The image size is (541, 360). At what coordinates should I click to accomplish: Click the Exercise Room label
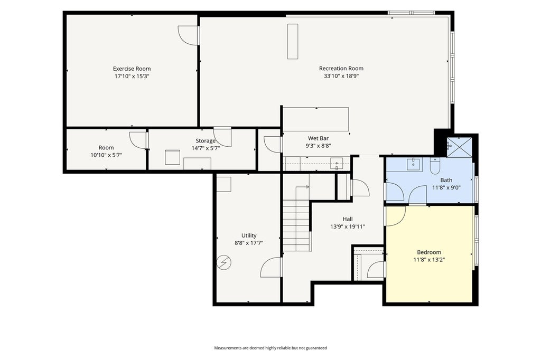(x=132, y=69)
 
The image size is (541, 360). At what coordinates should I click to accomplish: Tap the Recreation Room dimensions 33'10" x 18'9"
(x=341, y=76)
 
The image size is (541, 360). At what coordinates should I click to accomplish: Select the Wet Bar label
(x=318, y=138)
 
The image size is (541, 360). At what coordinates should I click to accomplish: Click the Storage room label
(x=206, y=141)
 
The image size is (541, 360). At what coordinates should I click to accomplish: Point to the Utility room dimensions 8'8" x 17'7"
(x=249, y=243)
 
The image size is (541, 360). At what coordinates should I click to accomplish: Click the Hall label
(x=348, y=219)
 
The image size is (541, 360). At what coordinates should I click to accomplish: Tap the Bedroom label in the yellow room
(x=429, y=252)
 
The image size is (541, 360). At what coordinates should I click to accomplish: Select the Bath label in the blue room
(x=446, y=180)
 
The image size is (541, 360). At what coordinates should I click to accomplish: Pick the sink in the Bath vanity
(x=413, y=164)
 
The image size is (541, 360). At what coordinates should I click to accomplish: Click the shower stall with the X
(x=459, y=147)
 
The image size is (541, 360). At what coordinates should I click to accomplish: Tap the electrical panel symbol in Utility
(x=223, y=262)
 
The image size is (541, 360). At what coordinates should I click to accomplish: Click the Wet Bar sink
(x=337, y=163)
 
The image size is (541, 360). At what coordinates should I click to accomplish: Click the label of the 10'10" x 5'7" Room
(x=106, y=148)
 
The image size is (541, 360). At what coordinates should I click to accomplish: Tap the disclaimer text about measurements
(x=270, y=348)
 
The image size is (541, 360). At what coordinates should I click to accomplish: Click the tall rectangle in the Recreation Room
(x=293, y=41)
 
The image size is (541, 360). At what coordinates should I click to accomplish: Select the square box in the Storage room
(x=173, y=157)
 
